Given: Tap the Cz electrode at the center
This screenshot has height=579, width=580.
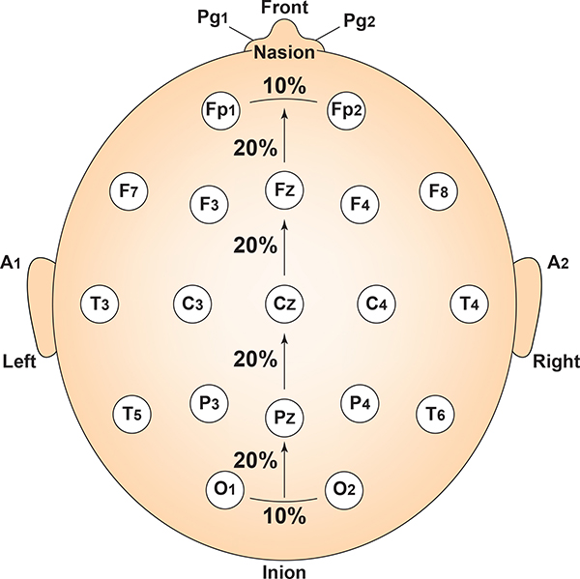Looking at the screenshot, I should [284, 304].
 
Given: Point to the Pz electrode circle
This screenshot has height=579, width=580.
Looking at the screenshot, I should [284, 419].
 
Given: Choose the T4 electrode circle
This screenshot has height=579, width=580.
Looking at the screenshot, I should [470, 304].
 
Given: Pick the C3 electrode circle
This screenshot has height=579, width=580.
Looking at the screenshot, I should [192, 304].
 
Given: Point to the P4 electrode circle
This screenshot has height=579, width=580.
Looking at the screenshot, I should [360, 403].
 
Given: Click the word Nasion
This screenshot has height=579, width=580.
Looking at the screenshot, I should [284, 53].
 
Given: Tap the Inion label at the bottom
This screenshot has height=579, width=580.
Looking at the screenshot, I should [284, 571].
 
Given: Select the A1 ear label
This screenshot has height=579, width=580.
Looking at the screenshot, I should [14, 262].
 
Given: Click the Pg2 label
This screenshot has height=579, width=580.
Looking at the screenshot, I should [361, 18].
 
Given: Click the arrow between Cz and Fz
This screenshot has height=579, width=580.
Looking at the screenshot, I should [284, 246].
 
